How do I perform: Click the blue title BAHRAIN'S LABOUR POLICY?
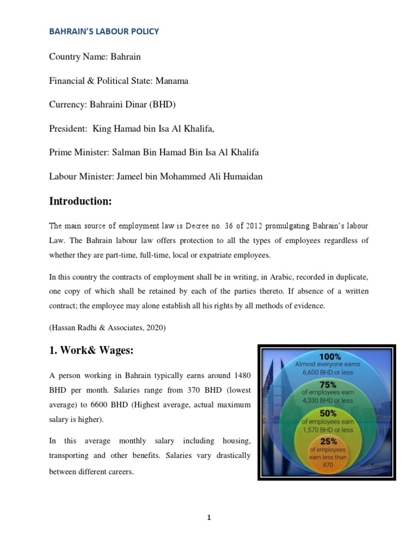(104, 32)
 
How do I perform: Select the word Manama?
(171, 81)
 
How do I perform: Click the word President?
(68, 129)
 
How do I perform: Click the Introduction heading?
(80, 202)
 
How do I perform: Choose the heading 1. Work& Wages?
(91, 351)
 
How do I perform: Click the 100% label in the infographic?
(330, 357)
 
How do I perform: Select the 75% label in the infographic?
(328, 383)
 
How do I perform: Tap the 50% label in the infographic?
(328, 413)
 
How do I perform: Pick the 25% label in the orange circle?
(328, 442)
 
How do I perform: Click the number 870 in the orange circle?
(328, 465)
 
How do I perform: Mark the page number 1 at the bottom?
(209, 518)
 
